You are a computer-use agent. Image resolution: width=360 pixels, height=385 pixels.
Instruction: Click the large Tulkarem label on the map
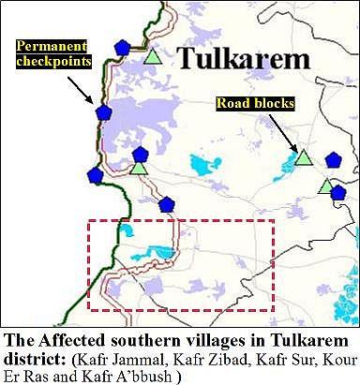pos(244,59)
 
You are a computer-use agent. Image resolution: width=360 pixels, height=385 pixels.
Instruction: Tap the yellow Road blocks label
pos(246,102)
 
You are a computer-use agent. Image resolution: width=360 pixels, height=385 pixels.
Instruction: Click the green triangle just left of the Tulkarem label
pos(153,57)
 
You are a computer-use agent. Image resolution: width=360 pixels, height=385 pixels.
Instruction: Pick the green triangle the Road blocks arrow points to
pos(303,156)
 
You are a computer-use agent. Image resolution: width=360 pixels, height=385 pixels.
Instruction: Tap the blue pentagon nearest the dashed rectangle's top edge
pos(166,204)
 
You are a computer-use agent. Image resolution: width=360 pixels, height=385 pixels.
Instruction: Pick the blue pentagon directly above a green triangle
pos(141,155)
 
